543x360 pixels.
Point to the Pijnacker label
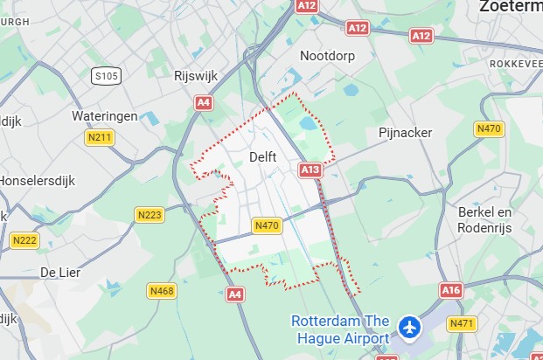pyautogui.click(x=405, y=132)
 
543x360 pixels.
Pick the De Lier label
pyautogui.click(x=60, y=273)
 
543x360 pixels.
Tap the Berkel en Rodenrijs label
pyautogui.click(x=484, y=219)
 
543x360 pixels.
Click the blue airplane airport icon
pyautogui.click(x=409, y=328)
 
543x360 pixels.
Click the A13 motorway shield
pyautogui.click(x=310, y=170)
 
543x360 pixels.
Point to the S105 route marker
pyautogui.click(x=106, y=77)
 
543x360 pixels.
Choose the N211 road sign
pyautogui.click(x=100, y=137)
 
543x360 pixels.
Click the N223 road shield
pyautogui.click(x=150, y=214)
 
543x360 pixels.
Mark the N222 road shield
pyautogui.click(x=24, y=239)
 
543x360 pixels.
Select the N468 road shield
pyautogui.click(x=162, y=291)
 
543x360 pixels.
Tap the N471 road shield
pyautogui.click(x=462, y=323)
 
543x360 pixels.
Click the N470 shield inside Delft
pyautogui.click(x=267, y=225)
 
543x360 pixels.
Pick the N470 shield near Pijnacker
pyautogui.click(x=489, y=128)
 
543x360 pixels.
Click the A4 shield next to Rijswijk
pyautogui.click(x=204, y=102)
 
